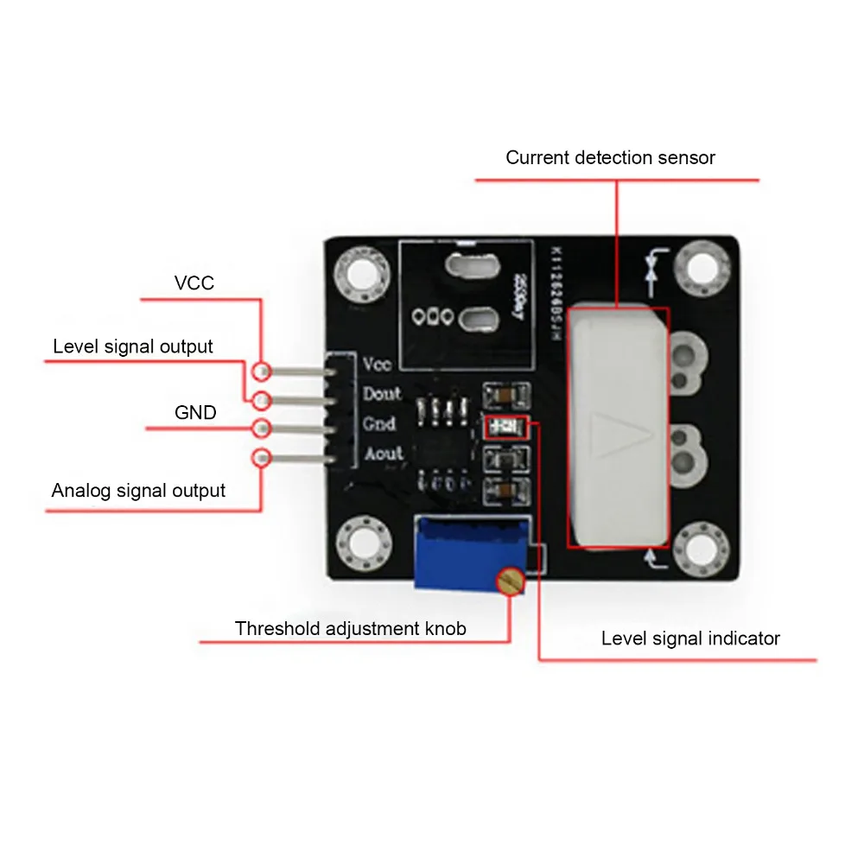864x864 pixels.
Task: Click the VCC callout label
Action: (x=194, y=283)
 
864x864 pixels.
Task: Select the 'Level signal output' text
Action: (x=132, y=346)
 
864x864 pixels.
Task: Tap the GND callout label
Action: (x=195, y=413)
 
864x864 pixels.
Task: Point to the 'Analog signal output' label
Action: (x=138, y=491)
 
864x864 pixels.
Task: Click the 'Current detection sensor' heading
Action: (x=610, y=157)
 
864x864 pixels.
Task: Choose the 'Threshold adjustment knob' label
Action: (x=350, y=628)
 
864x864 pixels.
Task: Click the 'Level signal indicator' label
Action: (x=690, y=638)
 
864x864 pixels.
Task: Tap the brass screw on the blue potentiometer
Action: (x=511, y=581)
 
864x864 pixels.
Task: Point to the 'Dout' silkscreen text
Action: (x=382, y=394)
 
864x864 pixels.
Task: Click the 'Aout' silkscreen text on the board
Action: (x=383, y=453)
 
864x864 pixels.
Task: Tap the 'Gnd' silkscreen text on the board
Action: (x=379, y=423)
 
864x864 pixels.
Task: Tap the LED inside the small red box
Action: (x=502, y=426)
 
